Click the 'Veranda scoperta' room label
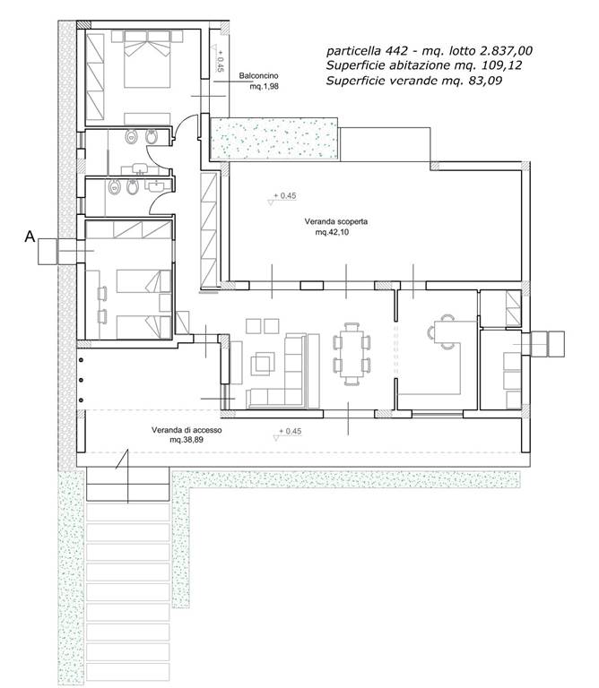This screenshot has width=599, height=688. [x=336, y=221]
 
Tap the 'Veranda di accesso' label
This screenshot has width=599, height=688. [x=187, y=430]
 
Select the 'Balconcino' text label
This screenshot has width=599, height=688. [x=258, y=76]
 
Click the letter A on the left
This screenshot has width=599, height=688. [x=30, y=236]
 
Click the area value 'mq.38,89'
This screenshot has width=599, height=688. [x=187, y=440]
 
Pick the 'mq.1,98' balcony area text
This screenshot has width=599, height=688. [x=264, y=86]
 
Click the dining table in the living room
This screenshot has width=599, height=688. [x=352, y=354]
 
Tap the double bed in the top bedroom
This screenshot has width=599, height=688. [x=147, y=59]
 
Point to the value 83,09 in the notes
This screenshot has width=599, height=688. [x=486, y=81]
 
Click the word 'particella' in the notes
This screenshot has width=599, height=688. [x=353, y=51]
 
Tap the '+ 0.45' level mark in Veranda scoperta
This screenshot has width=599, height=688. [x=284, y=195]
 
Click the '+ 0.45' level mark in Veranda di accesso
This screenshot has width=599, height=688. [x=290, y=432]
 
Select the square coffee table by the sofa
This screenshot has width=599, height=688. [x=263, y=364]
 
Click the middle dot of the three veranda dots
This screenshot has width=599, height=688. [x=82, y=380]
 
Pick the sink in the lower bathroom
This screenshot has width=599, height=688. [x=157, y=186]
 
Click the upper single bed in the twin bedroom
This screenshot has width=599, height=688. [x=143, y=281]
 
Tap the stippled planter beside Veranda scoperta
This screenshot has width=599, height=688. [x=274, y=138]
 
